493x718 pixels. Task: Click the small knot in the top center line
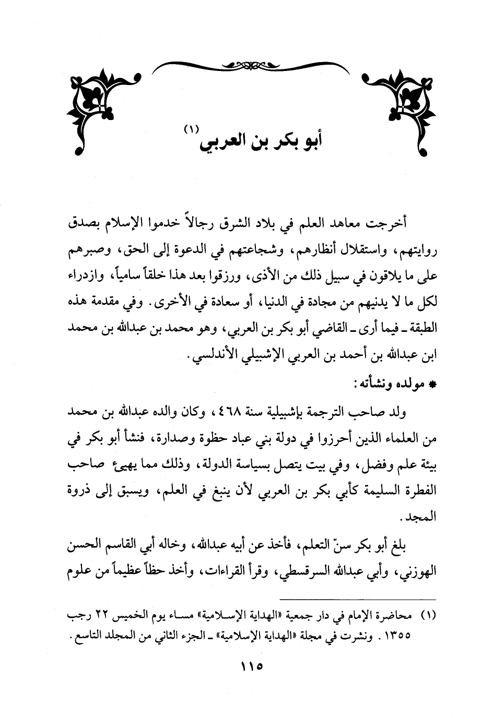coord(246,66)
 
